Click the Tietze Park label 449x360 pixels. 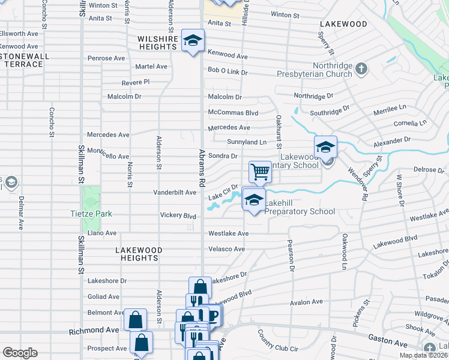click(x=91, y=214)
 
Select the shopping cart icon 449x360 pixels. click(x=261, y=172)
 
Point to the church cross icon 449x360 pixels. click(x=361, y=68)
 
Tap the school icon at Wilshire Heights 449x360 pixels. click(x=193, y=41)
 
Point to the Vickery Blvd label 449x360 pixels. click(x=178, y=215)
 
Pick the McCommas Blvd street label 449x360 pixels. click(x=233, y=112)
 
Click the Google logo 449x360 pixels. click(x=20, y=353)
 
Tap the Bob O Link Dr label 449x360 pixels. click(x=228, y=71)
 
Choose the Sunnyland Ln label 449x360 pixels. click(x=246, y=142)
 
